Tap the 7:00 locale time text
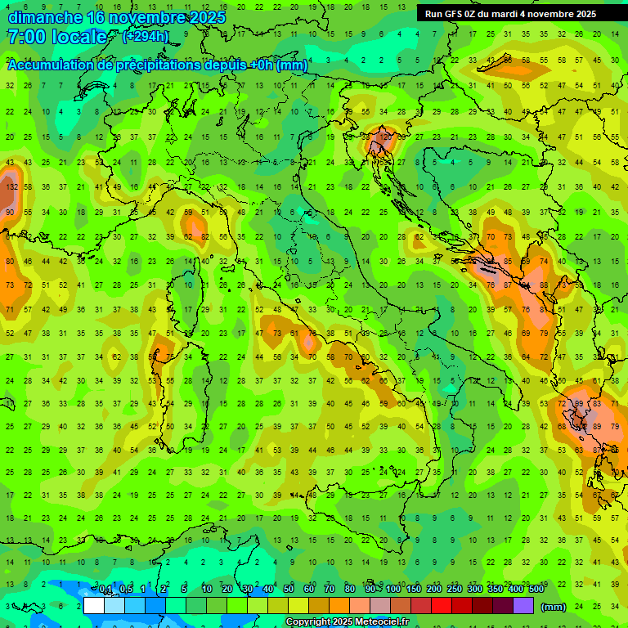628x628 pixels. pos(56,37)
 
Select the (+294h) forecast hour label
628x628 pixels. pos(146,36)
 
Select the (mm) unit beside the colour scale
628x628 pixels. pos(553,607)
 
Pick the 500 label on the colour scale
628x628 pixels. pos(536,590)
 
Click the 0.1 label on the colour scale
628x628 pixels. pos(105,590)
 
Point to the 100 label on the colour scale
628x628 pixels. pos(393,590)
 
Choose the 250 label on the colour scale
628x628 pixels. pos(455,590)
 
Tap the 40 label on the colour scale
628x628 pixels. pos(268,590)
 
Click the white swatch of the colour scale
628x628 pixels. pos(94,606)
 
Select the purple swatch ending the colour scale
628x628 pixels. pos(523,606)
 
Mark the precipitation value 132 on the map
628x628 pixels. pos(11,187)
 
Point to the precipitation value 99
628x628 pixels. pos(579,404)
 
